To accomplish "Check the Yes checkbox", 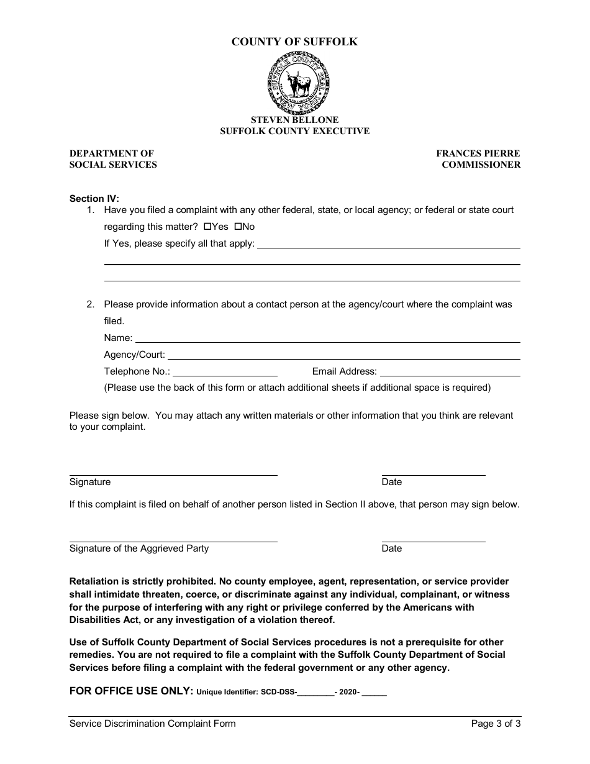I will [x=207, y=227].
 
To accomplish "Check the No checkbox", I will [x=237, y=227].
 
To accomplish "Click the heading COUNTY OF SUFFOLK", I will [x=294, y=42].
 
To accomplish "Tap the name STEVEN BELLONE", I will [x=294, y=120].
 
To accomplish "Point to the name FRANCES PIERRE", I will [x=478, y=153].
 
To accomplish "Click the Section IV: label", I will [x=94, y=199].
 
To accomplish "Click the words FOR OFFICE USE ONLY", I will [x=131, y=691].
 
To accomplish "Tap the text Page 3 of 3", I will [x=496, y=724].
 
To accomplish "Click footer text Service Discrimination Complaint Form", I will [x=152, y=724].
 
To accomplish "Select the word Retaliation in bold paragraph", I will [x=94, y=581].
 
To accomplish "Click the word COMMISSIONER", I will [x=481, y=165].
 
